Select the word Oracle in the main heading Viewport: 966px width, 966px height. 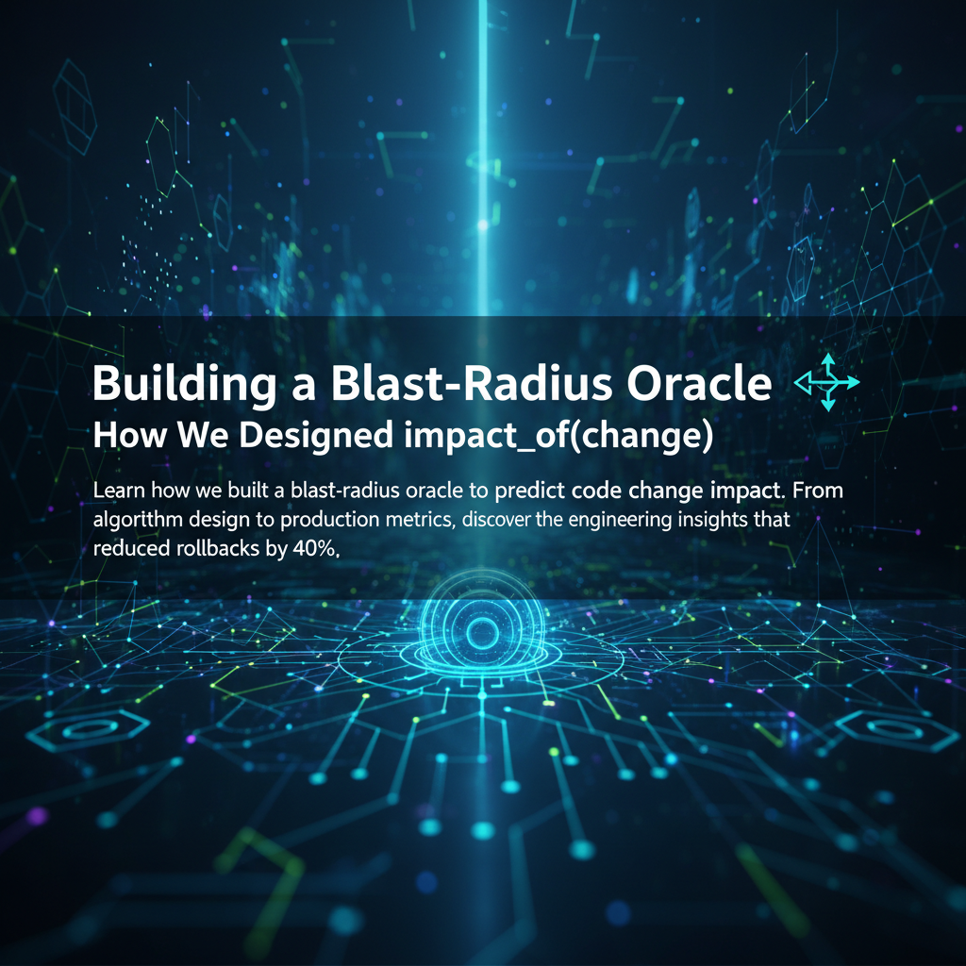click(699, 383)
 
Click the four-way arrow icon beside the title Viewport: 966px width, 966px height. click(827, 382)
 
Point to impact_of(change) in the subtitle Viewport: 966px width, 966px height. click(558, 436)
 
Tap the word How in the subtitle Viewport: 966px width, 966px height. click(129, 436)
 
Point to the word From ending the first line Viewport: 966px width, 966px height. click(818, 491)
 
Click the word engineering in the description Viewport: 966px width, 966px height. click(620, 520)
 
